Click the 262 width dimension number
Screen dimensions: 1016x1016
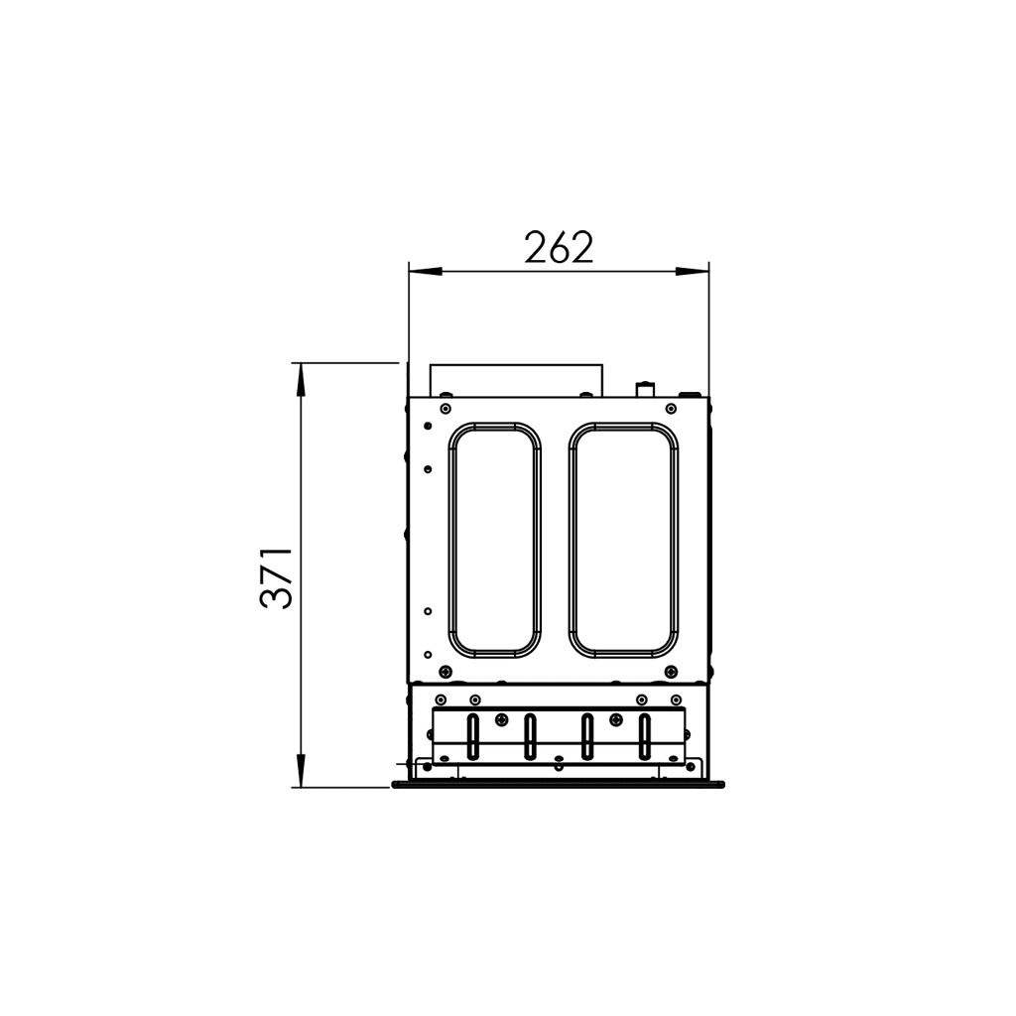(559, 247)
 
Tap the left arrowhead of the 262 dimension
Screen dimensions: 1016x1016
(425, 271)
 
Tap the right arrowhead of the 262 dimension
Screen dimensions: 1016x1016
(692, 271)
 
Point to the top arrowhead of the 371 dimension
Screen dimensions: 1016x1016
(300, 380)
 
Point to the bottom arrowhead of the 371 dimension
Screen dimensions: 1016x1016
(300, 770)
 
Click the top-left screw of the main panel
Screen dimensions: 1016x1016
(444, 409)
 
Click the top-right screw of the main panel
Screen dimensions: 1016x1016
(672, 409)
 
